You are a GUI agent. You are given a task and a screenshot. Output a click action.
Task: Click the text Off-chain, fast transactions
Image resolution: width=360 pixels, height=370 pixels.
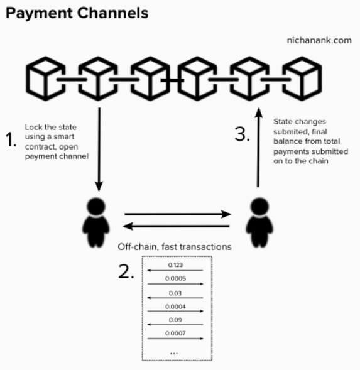175,247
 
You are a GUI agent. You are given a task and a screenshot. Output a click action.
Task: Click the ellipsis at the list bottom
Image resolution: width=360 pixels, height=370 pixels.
175,352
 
